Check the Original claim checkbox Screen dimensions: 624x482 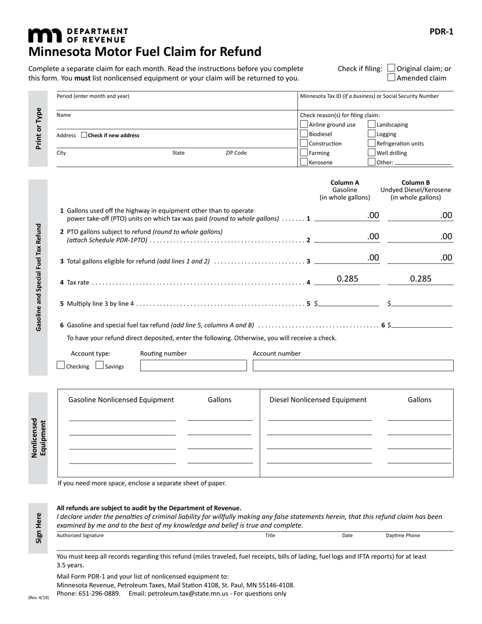coord(391,68)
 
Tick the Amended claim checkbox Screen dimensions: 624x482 coord(391,78)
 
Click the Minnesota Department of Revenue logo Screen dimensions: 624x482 coord(78,35)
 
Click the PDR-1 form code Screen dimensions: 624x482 coord(441,31)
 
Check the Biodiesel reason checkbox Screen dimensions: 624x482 coord(304,134)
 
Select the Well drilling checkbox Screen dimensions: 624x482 coord(372,153)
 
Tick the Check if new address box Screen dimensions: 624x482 coord(84,135)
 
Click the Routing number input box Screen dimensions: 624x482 coord(193,365)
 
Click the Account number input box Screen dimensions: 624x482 coord(353,365)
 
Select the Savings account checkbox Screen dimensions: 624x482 coord(99,365)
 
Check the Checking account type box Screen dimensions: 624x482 coord(61,365)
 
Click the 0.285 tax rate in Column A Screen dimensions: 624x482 coord(348,279)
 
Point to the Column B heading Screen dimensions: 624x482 coord(416,183)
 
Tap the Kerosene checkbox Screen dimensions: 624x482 coord(304,162)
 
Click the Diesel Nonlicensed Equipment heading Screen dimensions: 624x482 coord(318,400)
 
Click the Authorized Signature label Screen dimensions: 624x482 coord(80,535)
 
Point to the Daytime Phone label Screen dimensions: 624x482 coord(403,535)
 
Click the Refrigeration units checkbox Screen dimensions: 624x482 coord(372,144)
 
